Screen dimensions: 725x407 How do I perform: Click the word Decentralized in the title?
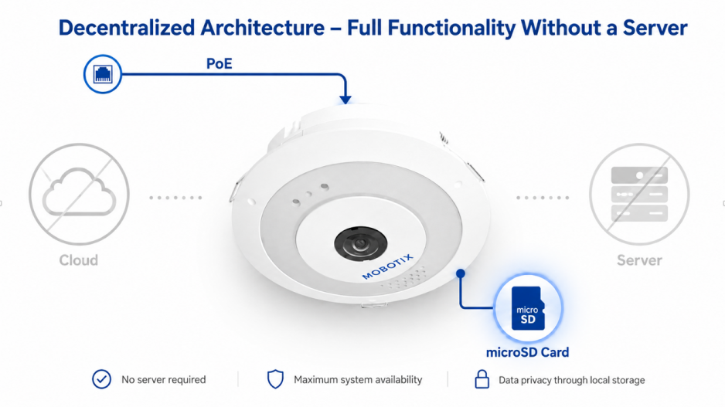point(126,28)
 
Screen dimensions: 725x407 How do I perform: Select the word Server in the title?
point(655,28)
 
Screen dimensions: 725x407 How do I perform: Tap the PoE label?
point(220,63)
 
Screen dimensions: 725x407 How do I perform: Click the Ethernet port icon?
point(103,74)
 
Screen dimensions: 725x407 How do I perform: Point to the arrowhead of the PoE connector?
point(345,100)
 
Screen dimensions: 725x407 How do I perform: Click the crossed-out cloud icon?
point(79,194)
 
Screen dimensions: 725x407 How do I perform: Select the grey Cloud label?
point(79,260)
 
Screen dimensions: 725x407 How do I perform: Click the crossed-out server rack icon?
point(639,194)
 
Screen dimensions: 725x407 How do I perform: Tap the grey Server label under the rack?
point(639,260)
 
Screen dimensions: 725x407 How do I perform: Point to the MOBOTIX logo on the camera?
point(387,266)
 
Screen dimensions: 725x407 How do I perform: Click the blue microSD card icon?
point(528,308)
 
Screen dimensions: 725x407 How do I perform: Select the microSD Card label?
point(528,352)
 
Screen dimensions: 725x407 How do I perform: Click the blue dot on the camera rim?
point(460,273)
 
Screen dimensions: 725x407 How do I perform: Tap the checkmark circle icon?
point(102,379)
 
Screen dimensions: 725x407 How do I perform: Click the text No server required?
point(164,380)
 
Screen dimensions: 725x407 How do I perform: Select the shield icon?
point(276,379)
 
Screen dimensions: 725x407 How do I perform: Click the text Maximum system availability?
point(358,380)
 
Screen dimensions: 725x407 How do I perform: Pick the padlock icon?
point(482,379)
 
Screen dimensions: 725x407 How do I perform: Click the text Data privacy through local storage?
point(571,380)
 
